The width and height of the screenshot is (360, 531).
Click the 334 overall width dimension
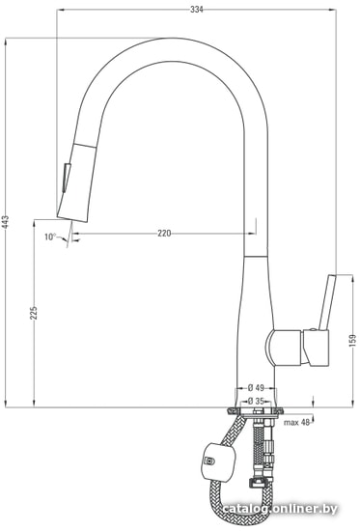(x=197, y=10)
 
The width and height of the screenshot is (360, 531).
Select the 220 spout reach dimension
(x=164, y=233)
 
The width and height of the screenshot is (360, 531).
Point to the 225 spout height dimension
(x=33, y=313)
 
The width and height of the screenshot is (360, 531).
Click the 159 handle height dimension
(x=352, y=341)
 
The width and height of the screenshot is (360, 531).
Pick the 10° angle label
(x=50, y=237)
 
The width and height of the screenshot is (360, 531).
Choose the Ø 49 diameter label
(x=256, y=387)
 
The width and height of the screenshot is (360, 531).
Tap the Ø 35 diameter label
(x=256, y=401)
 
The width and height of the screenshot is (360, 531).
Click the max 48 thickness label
(x=296, y=422)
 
